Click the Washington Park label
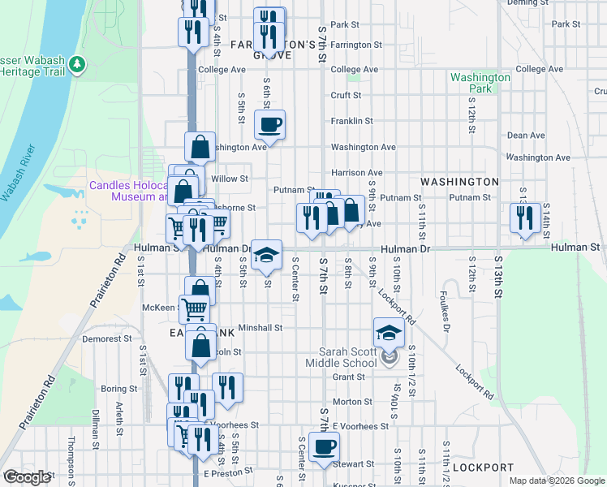[x=480, y=83]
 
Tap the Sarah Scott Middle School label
[x=347, y=356]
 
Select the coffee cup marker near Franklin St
[x=270, y=125]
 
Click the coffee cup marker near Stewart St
[x=324, y=446]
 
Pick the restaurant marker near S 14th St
[x=525, y=218]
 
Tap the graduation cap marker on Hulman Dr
[x=266, y=255]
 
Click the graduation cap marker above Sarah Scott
[x=389, y=333]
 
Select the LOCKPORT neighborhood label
[x=483, y=468]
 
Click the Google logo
[x=27, y=477]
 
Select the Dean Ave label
[x=525, y=136]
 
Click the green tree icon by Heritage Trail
[x=77, y=63]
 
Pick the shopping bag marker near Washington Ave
[x=200, y=148]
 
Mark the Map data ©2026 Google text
[x=556, y=481]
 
